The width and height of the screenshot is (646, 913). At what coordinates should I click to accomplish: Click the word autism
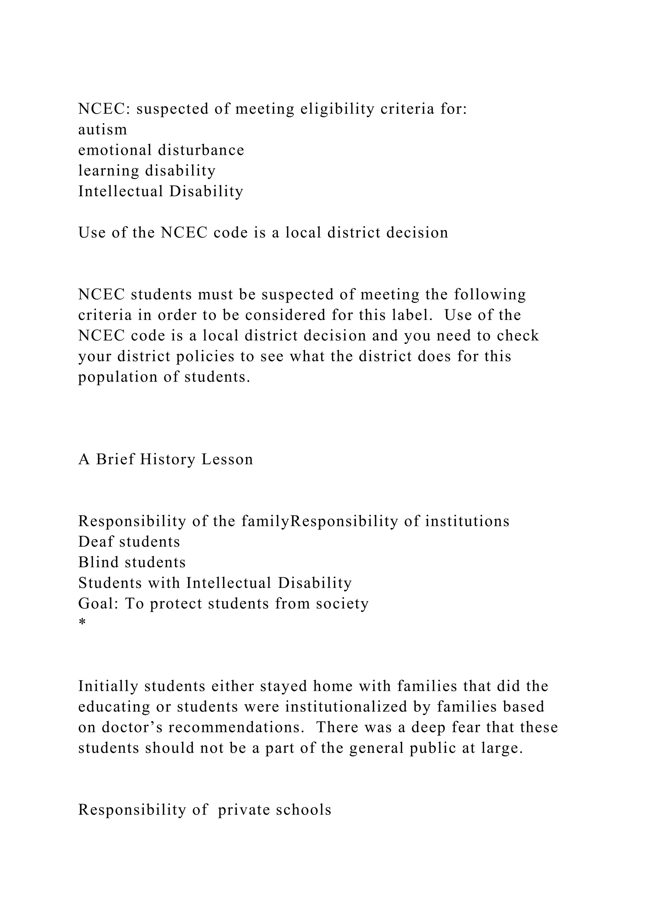pyautogui.click(x=103, y=130)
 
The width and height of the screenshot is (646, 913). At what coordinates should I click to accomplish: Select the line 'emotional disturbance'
pyautogui.click(x=161, y=150)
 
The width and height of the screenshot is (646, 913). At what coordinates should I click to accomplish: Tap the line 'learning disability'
pyautogui.click(x=147, y=171)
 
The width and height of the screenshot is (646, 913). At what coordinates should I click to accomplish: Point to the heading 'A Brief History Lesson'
pyautogui.click(x=166, y=459)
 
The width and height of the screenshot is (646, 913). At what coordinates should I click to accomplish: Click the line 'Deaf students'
pyautogui.click(x=129, y=542)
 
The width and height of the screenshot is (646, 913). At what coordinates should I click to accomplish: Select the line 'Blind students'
pyautogui.click(x=132, y=562)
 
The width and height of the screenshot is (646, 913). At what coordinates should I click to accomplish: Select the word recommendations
pyautogui.click(x=234, y=727)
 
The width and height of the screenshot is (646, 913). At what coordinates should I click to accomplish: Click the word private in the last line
pyautogui.click(x=244, y=810)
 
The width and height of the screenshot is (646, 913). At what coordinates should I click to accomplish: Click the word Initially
pyautogui.click(x=108, y=686)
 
